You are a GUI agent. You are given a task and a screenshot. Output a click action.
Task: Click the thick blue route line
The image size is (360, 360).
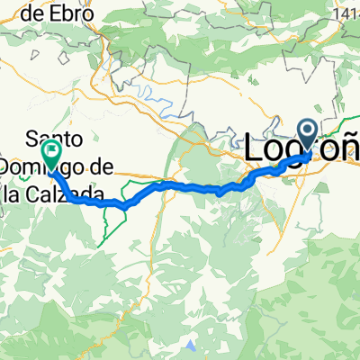[180, 186]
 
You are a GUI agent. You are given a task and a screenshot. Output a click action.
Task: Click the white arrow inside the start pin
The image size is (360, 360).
[308, 132]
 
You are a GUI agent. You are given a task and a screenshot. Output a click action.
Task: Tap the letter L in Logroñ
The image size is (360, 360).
[256, 147]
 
